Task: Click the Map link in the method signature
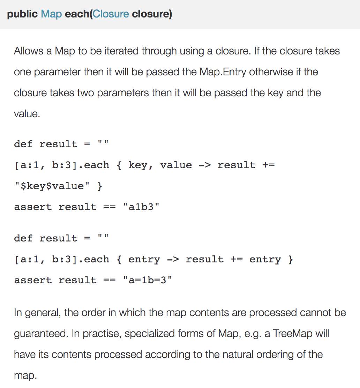point(51,14)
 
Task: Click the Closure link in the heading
point(111,14)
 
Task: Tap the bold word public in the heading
point(22,14)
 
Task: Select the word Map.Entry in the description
point(223,72)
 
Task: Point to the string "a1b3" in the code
point(141,207)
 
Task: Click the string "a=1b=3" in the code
point(148,280)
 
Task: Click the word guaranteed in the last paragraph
point(40,334)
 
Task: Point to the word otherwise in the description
point(267,72)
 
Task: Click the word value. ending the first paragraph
point(27,114)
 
